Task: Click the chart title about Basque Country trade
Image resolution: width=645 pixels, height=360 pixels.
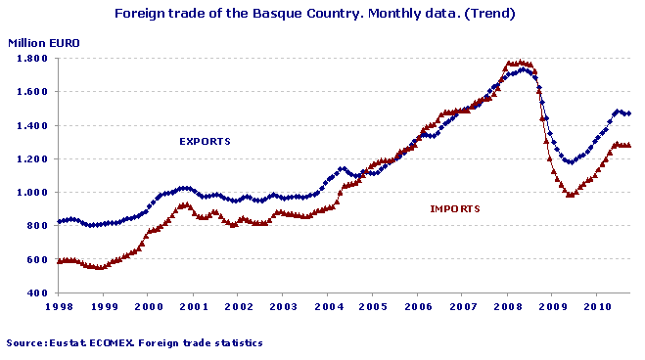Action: (x=315, y=15)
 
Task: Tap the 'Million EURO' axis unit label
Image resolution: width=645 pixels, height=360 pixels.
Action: (x=44, y=44)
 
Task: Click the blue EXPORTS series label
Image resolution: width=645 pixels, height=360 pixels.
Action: (x=205, y=141)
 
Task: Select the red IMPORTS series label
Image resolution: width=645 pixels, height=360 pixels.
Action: (x=455, y=208)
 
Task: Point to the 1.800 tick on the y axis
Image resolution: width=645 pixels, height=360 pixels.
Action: (x=32, y=59)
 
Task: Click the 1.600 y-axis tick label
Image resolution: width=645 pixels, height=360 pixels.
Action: (x=32, y=92)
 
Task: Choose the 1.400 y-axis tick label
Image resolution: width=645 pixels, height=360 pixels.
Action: (x=32, y=126)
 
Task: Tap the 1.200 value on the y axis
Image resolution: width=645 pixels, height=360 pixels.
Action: (x=32, y=159)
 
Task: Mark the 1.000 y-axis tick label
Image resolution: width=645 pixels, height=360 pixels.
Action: (x=32, y=193)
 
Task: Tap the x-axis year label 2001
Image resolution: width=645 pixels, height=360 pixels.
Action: (x=192, y=307)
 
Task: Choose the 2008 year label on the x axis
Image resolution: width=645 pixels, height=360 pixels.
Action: (x=506, y=307)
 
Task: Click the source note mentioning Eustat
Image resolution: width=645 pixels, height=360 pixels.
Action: (x=134, y=343)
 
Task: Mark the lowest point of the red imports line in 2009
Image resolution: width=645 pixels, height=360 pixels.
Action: (x=571, y=196)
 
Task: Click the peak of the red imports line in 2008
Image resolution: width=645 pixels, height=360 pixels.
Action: (x=519, y=63)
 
